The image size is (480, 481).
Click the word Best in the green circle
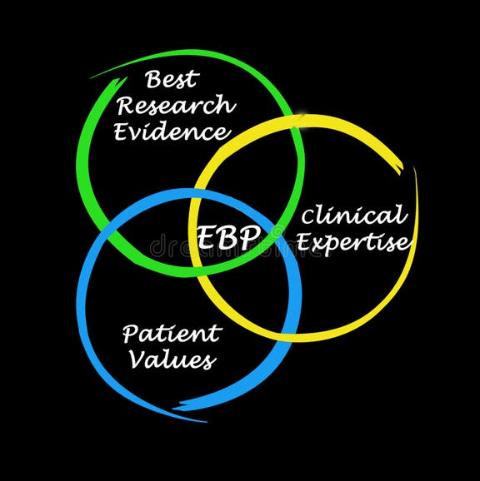tap(172, 81)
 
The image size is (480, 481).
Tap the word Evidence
tap(172, 131)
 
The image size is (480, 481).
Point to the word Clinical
tap(354, 216)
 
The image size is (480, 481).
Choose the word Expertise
tap(354, 242)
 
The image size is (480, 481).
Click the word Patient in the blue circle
tap(172, 335)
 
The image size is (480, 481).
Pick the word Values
tap(169, 360)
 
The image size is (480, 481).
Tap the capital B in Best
tap(153, 81)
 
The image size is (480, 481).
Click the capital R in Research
tap(126, 107)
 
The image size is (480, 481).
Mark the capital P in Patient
tap(131, 334)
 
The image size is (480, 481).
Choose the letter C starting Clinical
tap(309, 218)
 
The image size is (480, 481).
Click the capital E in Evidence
tap(123, 131)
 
